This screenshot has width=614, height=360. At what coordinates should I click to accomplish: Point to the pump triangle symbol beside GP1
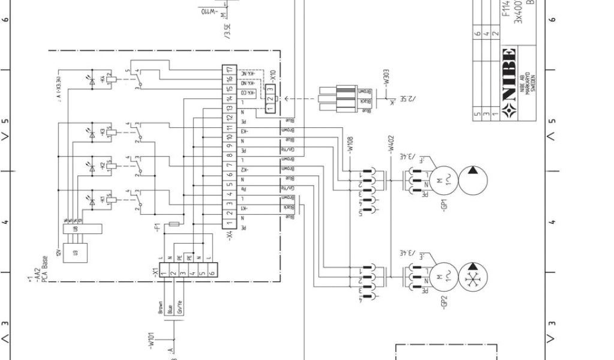(x=473, y=180)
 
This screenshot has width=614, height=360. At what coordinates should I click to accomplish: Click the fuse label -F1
(x=157, y=227)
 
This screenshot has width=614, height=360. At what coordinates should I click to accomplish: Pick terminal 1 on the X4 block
(x=228, y=223)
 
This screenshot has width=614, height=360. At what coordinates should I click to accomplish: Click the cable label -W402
(x=390, y=146)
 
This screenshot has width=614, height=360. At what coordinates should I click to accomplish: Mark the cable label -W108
(x=351, y=146)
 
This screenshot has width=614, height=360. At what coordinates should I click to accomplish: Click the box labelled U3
(x=75, y=253)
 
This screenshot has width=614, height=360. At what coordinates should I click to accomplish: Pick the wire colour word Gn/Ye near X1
(x=179, y=307)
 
